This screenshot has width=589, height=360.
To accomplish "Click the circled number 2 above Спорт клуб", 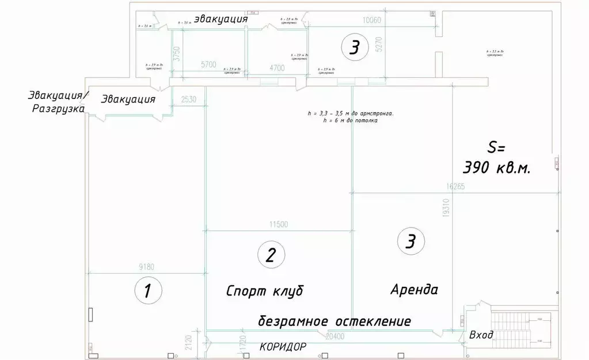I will [271, 255].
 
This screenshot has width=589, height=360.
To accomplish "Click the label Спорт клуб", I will [264, 290].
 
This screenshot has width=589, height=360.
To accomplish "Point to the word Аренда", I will [415, 288].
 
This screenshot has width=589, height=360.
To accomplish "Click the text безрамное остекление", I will [335, 321].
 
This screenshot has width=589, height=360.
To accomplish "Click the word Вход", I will [481, 335].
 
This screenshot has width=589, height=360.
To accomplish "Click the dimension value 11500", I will [278, 225].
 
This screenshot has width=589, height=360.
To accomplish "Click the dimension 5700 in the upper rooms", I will [208, 65].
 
